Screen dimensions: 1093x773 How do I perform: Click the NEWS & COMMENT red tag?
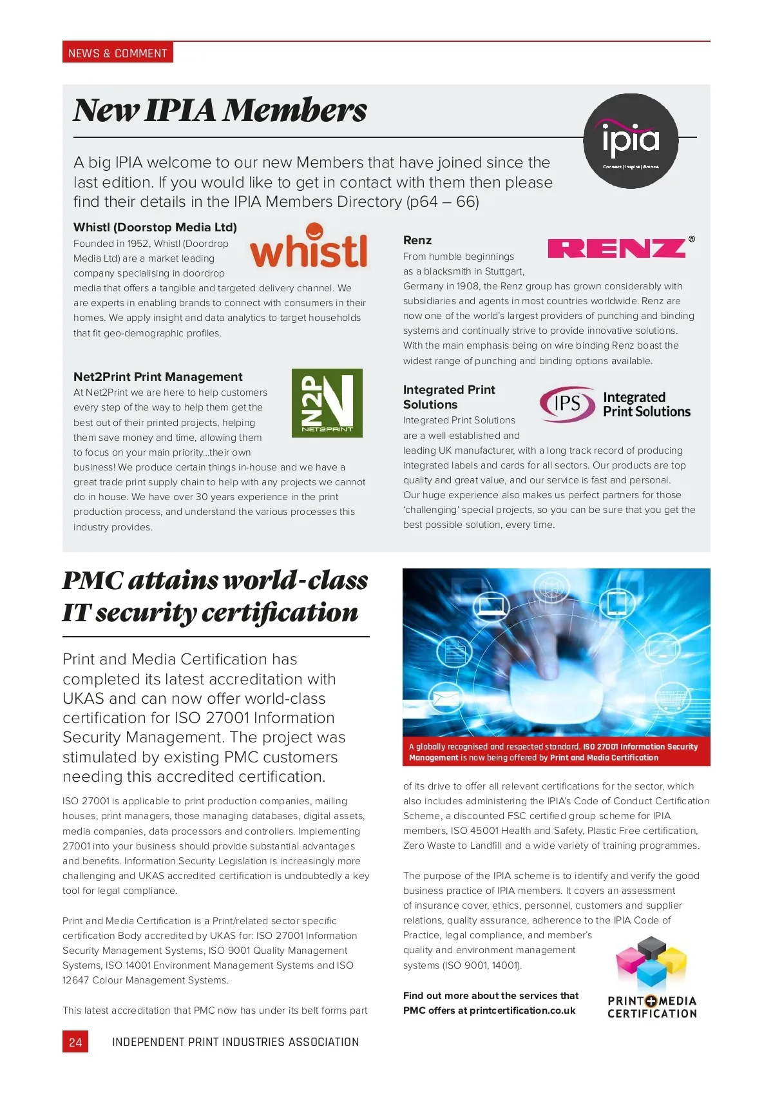point(117,53)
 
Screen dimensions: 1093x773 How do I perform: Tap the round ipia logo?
point(631,141)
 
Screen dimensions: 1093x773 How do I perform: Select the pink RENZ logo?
point(617,248)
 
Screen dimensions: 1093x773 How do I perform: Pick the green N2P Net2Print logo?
point(327,403)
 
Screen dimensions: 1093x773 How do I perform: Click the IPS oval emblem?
point(567,404)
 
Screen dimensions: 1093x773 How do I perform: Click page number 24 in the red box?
point(75,1042)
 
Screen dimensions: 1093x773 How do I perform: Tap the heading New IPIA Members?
point(220,110)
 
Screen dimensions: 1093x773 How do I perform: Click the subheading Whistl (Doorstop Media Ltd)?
point(155,227)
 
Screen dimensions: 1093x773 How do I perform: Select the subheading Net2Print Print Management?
point(158,376)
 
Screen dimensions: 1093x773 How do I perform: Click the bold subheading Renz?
point(417,240)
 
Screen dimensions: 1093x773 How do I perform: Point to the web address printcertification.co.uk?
point(522,1011)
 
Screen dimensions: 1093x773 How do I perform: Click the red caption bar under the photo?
point(556,752)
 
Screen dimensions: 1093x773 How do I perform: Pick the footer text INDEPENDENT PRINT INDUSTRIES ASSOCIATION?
point(235,1042)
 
